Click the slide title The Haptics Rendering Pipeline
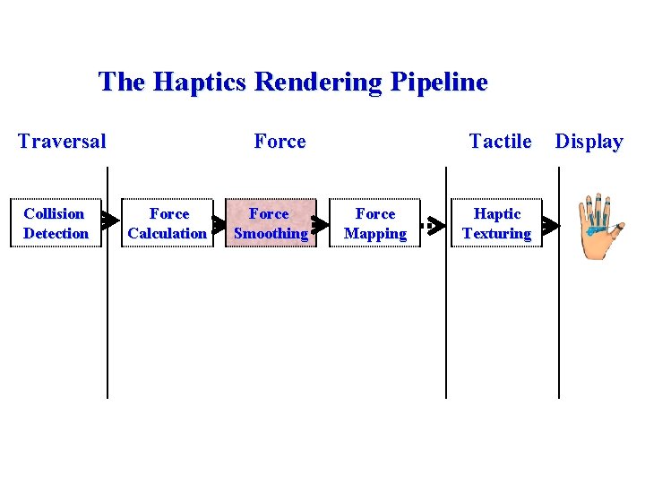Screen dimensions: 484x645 tap(293, 82)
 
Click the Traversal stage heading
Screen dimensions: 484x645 tap(62, 141)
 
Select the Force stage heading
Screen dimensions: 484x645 tap(279, 141)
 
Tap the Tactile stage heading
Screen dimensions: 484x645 tap(500, 141)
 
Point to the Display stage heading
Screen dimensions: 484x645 tap(589, 141)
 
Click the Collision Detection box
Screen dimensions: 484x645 tap(55, 223)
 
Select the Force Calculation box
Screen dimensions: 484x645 tap(168, 223)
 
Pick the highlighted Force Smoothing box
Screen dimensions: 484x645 tap(270, 223)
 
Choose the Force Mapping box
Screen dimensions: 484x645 tap(374, 223)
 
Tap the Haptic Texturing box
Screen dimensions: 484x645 tap(496, 223)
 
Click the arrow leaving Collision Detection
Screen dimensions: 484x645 tap(108, 220)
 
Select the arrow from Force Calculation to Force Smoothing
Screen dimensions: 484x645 tap(217, 222)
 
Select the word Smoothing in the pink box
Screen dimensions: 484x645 tap(271, 233)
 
